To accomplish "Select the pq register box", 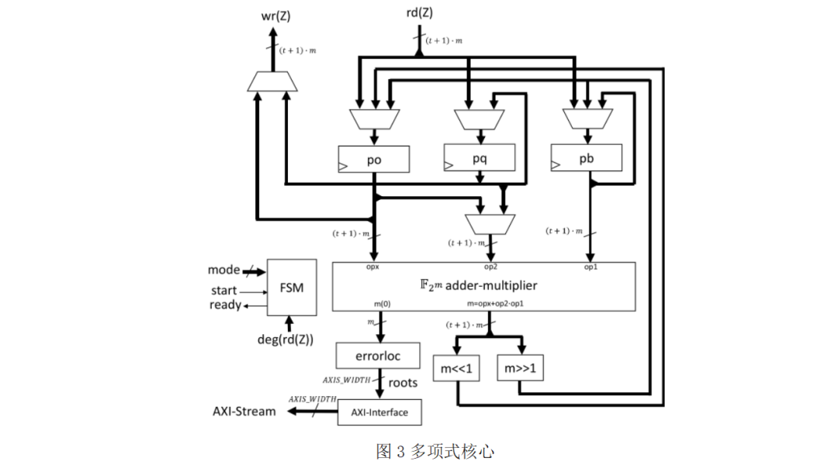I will (479, 157).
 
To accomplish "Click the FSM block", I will (292, 288).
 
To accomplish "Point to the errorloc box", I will (378, 356).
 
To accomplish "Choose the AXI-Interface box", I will (379, 412).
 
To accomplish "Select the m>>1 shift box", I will (520, 370).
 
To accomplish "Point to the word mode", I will (223, 270).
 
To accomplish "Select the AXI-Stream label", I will (244, 412).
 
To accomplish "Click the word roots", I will (403, 382).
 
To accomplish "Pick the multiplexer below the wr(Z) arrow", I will (272, 81).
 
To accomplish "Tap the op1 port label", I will (590, 267).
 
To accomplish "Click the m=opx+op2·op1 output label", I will (496, 303).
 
